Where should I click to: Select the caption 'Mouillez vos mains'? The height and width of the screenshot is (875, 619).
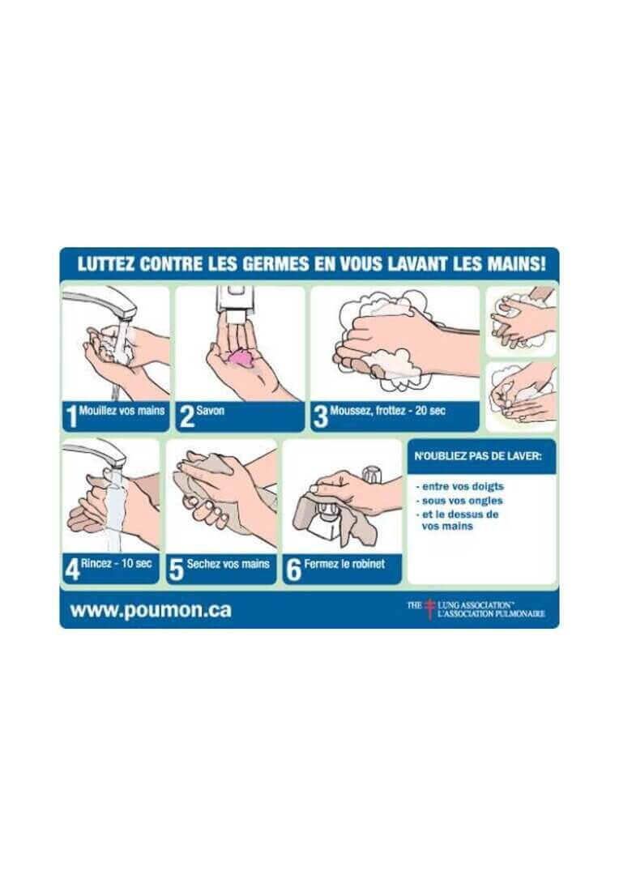pyautogui.click(x=122, y=411)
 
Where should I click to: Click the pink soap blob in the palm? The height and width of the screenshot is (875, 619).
pyautogui.click(x=241, y=356)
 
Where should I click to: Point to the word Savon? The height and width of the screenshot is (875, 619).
pyautogui.click(x=210, y=411)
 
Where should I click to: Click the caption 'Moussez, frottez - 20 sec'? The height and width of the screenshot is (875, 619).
pyautogui.click(x=387, y=411)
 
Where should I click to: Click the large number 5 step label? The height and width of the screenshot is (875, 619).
pyautogui.click(x=177, y=569)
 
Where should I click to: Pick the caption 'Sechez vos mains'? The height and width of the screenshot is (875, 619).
pyautogui.click(x=228, y=564)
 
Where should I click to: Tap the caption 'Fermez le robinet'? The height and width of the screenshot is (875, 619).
pyautogui.click(x=344, y=564)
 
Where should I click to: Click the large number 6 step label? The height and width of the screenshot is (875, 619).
pyautogui.click(x=293, y=569)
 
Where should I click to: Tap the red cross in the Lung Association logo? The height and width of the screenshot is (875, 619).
pyautogui.click(x=429, y=609)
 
